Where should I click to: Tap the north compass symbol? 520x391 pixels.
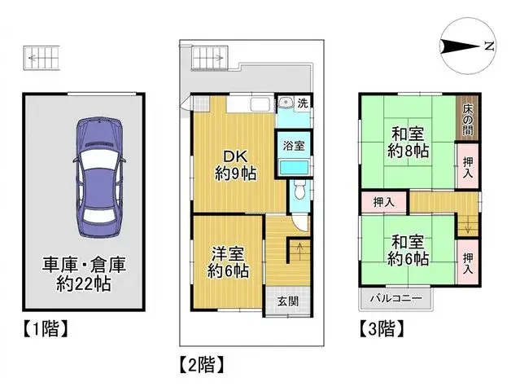pyautogui.click(x=466, y=46)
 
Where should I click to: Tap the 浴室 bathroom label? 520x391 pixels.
pyautogui.click(x=294, y=147)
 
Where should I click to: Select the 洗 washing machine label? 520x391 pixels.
pyautogui.click(x=302, y=103)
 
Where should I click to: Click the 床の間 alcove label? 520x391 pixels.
pyautogui.click(x=471, y=118)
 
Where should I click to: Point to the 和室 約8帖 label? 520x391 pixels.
pyautogui.click(x=407, y=140)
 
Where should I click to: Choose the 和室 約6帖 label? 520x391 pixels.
pyautogui.click(x=406, y=251)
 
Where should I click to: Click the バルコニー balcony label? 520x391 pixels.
pyautogui.click(x=396, y=299)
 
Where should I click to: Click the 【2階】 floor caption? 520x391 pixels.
pyautogui.click(x=200, y=362)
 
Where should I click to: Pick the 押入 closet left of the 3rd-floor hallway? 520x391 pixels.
pyautogui.click(x=383, y=201)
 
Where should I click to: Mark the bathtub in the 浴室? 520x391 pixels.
pyautogui.click(x=293, y=166)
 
